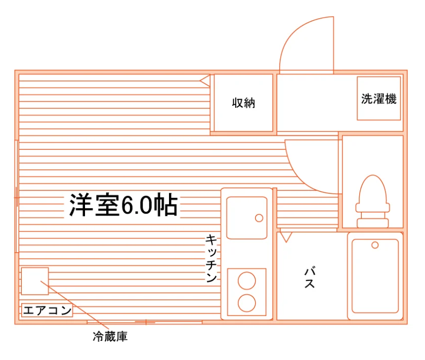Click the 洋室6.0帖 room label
123,205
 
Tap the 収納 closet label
243,103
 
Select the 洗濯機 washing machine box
378,98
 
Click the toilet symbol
373,201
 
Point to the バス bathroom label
310,277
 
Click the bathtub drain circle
375,245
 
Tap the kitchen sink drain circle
259,218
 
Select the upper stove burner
247,281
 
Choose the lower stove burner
247,303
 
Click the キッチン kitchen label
211,258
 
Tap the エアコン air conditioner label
47,310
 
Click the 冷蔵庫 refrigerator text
110,337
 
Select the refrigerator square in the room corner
35,281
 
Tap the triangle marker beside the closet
205,81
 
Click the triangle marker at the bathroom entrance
286,237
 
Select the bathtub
375,276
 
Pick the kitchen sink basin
247,218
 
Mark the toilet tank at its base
373,223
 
